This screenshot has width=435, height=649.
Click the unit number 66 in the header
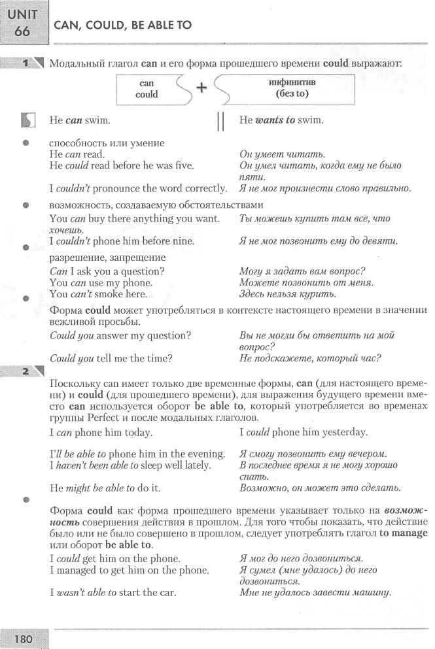[22, 31]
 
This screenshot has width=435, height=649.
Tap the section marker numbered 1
[26, 63]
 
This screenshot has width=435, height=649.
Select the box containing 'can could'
[147, 89]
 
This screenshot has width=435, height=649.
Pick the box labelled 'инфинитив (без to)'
[288, 89]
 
